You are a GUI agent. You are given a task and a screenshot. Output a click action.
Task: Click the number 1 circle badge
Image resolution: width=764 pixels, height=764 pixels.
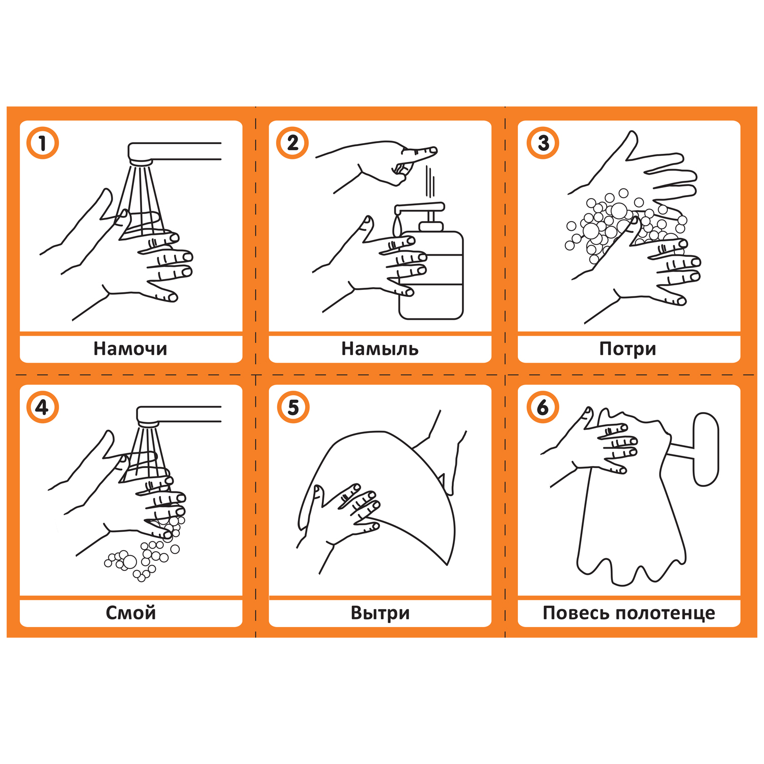coord(43,143)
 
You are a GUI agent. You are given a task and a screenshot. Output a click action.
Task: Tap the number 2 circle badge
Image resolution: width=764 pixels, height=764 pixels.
coord(292,143)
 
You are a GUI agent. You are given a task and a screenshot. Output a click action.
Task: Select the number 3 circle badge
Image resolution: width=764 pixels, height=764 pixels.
coord(543,143)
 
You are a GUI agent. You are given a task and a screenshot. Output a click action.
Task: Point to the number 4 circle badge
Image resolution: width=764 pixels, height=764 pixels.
coord(43,407)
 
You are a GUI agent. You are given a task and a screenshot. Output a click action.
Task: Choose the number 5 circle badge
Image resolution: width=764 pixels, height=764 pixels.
coord(293,407)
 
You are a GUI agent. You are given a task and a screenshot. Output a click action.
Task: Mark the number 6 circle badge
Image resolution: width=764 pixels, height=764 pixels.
coord(543,407)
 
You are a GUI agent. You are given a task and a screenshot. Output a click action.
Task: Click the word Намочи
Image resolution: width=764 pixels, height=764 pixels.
coord(130,349)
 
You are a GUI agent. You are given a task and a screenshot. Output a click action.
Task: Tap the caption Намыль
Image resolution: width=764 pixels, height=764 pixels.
coord(380,349)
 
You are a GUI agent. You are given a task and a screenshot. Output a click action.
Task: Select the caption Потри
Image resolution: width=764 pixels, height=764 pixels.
coord(628,349)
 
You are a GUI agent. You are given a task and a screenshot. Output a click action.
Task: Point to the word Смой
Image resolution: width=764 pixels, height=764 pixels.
coord(131,613)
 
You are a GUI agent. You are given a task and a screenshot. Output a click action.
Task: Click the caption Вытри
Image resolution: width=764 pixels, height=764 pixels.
coord(380,613)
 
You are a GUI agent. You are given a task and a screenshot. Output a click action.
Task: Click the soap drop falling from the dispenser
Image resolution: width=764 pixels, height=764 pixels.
coord(397,225)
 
